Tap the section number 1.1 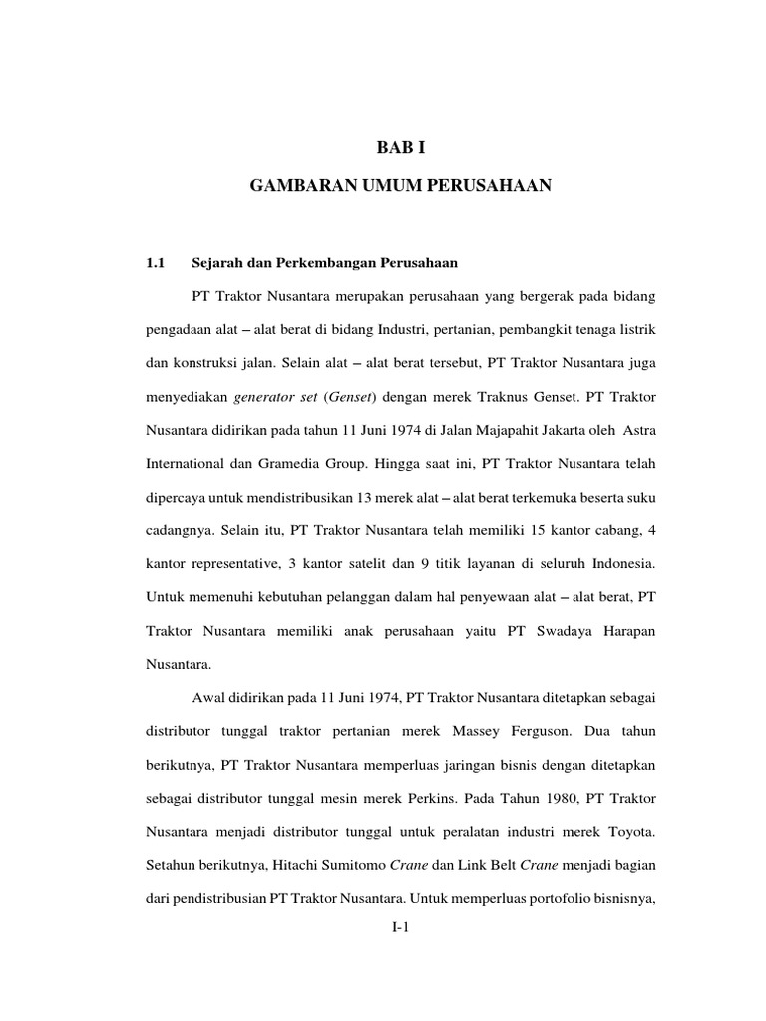point(154,264)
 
